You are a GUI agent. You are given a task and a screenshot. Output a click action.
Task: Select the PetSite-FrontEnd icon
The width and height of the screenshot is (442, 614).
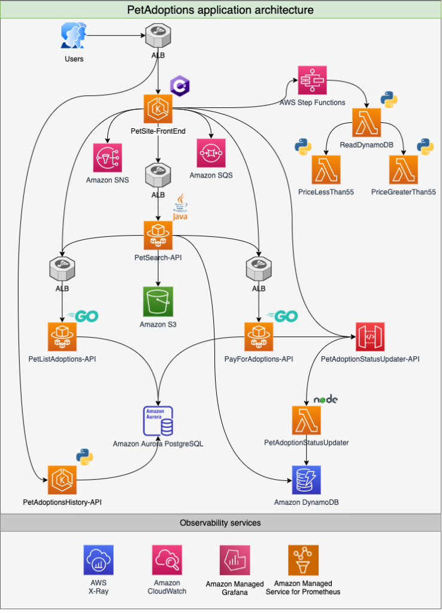click(158, 109)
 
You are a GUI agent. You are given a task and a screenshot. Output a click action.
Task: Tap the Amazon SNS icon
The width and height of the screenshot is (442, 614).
click(108, 158)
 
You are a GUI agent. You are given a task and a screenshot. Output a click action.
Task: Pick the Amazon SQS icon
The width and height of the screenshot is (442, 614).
click(211, 153)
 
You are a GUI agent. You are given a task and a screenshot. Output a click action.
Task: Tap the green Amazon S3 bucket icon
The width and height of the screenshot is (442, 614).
click(158, 301)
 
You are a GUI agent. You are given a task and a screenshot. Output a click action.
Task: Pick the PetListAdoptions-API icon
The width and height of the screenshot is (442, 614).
click(62, 337)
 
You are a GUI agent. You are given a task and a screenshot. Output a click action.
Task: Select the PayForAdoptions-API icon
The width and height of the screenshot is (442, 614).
click(259, 337)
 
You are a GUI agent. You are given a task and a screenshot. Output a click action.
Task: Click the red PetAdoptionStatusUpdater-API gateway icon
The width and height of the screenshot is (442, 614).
click(370, 337)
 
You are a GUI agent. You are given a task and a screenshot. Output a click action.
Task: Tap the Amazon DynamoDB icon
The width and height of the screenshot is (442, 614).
click(307, 480)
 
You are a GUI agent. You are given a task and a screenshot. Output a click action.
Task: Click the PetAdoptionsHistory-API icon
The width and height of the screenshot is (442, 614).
click(62, 480)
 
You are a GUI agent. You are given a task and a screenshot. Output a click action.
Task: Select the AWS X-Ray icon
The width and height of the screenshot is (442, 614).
click(98, 560)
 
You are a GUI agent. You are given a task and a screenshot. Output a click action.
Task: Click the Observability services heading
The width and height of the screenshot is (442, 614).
click(220, 522)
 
